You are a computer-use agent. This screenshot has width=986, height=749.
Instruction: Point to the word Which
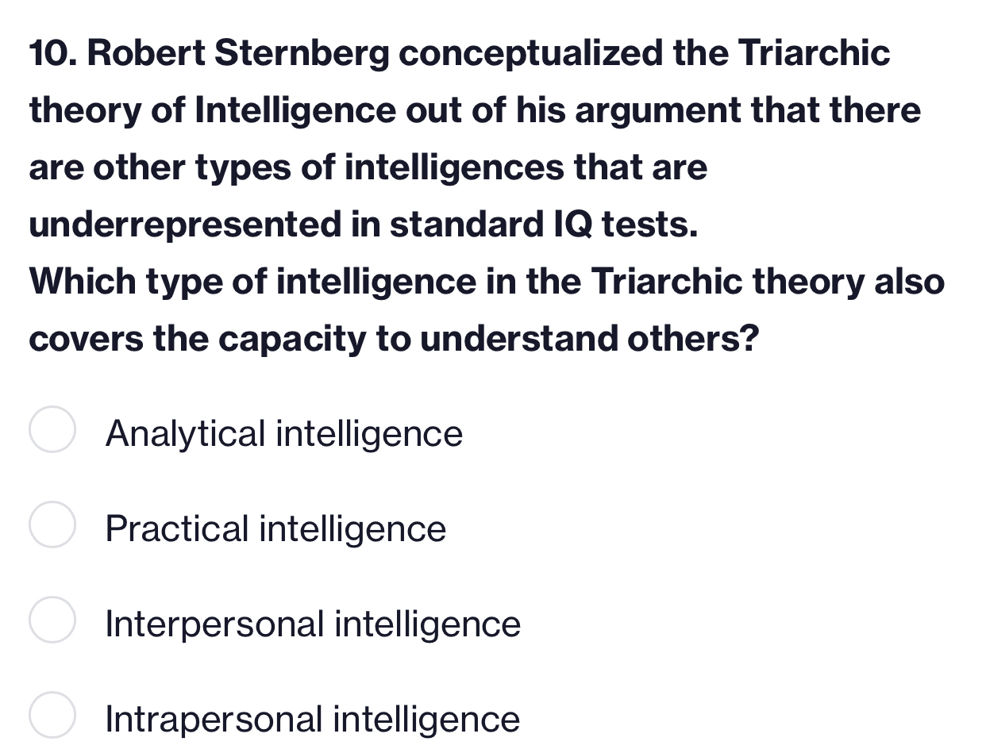[x=79, y=282]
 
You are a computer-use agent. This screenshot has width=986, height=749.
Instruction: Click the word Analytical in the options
[x=185, y=434]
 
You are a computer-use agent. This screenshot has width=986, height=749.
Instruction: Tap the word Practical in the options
[x=177, y=529]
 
